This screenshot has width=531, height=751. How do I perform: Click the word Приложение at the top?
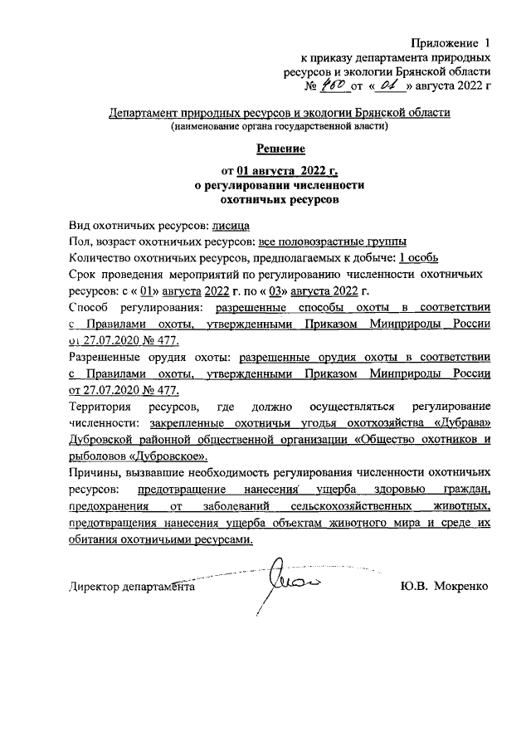pyautogui.click(x=445, y=42)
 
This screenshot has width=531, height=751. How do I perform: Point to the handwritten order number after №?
pyautogui.click(x=333, y=85)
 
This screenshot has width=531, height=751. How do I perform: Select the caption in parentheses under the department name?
pyautogui.click(x=280, y=127)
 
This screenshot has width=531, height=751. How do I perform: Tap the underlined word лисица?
pyautogui.click(x=231, y=226)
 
